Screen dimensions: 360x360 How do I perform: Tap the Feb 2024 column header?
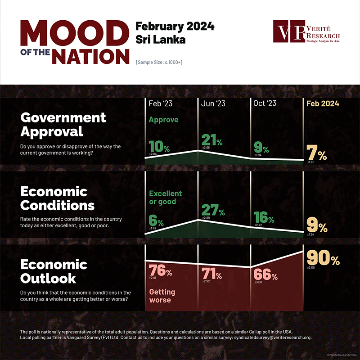click(323, 103)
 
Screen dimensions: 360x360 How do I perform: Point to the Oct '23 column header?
click(265, 103)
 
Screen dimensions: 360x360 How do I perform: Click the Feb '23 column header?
click(161, 103)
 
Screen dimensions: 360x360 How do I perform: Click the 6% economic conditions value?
click(156, 221)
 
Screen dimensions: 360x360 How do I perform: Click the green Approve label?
click(164, 120)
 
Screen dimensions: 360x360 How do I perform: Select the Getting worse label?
click(162, 296)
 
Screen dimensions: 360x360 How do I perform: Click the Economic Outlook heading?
click(54, 271)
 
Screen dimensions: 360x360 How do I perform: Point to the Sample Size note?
click(159, 62)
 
